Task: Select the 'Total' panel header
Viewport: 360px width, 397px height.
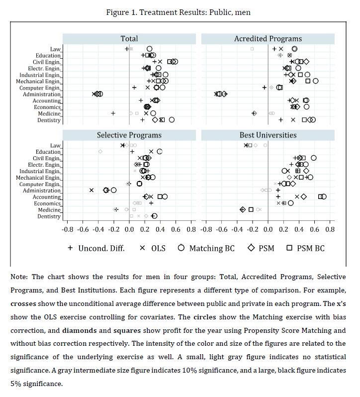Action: click(129, 38)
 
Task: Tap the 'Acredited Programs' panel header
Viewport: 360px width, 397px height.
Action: click(268, 38)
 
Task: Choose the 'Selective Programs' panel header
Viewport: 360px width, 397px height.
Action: click(129, 135)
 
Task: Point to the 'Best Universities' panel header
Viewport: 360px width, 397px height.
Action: click(268, 135)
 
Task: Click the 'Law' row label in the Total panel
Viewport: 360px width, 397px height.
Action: click(55, 49)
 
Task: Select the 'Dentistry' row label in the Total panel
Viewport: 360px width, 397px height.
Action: click(49, 120)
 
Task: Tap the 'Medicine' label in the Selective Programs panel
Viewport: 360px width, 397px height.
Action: click(50, 210)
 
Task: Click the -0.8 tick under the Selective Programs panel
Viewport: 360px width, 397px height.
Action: click(68, 230)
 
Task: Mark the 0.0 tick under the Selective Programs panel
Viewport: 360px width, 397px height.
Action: click(129, 230)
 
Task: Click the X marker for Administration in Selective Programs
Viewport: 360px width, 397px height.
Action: click(91, 190)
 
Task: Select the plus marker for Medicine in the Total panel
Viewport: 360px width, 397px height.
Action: click(113, 113)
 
